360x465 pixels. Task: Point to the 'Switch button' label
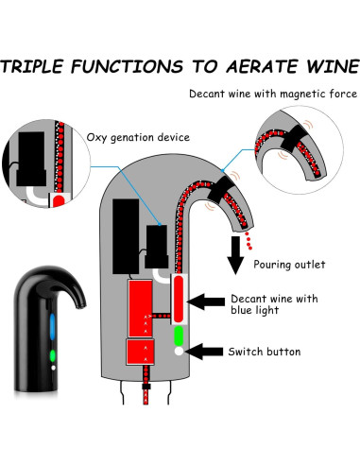(x=265, y=352)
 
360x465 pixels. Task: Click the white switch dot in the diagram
(x=178, y=351)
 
